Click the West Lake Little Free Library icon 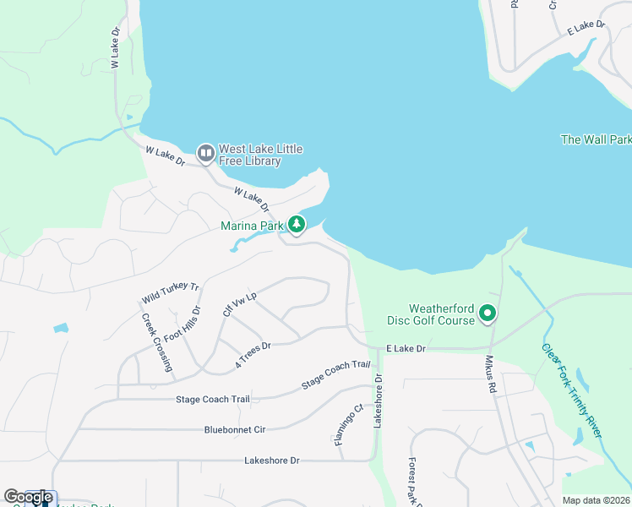(x=205, y=154)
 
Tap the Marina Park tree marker (x=296, y=225)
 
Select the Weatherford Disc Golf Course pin (x=488, y=314)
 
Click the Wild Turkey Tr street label (x=170, y=293)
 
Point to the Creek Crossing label (x=157, y=343)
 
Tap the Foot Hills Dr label (x=184, y=324)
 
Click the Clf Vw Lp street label (x=239, y=300)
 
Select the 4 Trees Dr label (x=253, y=356)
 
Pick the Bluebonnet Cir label (x=235, y=430)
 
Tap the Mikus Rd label (x=489, y=375)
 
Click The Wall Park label (x=596, y=139)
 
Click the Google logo (x=28, y=497)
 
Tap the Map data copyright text (x=597, y=500)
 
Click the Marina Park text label (x=252, y=226)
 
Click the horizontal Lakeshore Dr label (x=272, y=461)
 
